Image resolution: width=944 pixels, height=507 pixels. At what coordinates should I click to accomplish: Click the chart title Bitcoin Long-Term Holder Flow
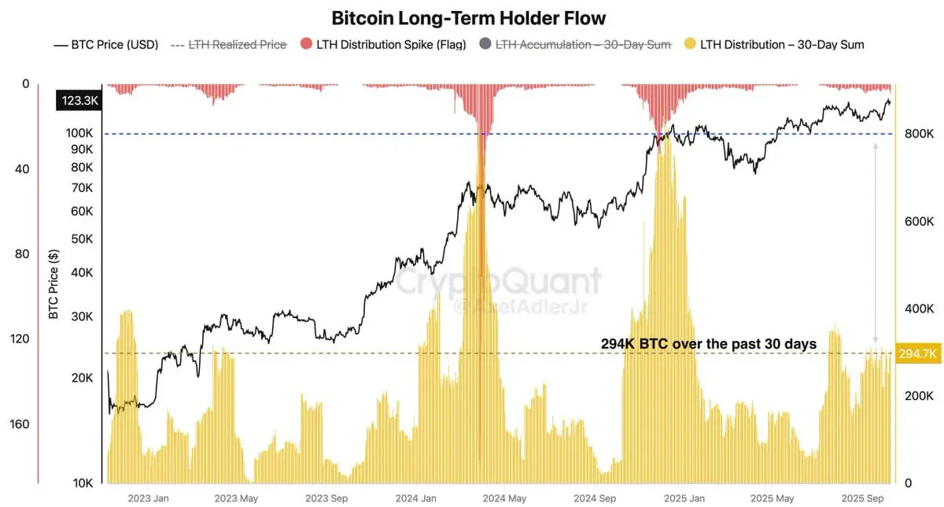click(469, 17)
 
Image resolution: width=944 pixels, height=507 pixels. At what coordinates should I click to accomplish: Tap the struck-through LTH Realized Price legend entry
click(236, 45)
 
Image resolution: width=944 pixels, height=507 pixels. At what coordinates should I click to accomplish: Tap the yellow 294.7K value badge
click(918, 354)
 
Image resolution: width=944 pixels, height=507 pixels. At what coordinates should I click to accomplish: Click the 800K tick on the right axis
click(919, 134)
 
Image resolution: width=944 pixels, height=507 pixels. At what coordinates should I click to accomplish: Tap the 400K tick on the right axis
click(919, 309)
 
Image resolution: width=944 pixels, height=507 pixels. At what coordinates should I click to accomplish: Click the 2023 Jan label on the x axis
click(149, 498)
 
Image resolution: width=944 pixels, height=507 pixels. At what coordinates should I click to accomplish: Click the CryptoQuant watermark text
click(497, 281)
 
